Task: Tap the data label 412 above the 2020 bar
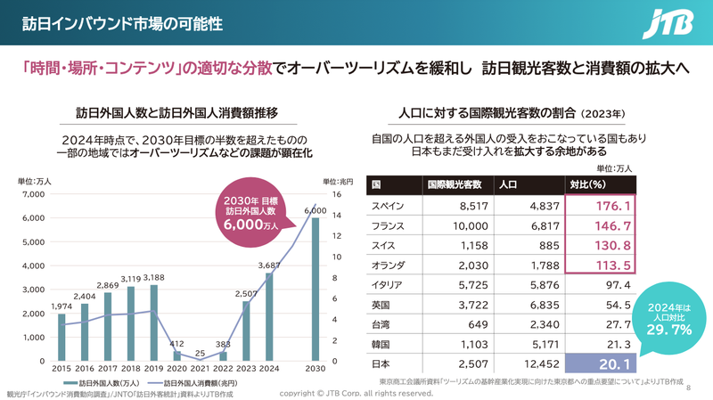pos(176,343)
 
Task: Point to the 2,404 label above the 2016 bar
pos(85,296)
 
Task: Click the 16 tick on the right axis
pos(337,194)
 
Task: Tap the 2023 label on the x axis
pos(246,369)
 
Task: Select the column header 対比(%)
pos(588,185)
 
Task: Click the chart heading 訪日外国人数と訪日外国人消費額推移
pos(176,113)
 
